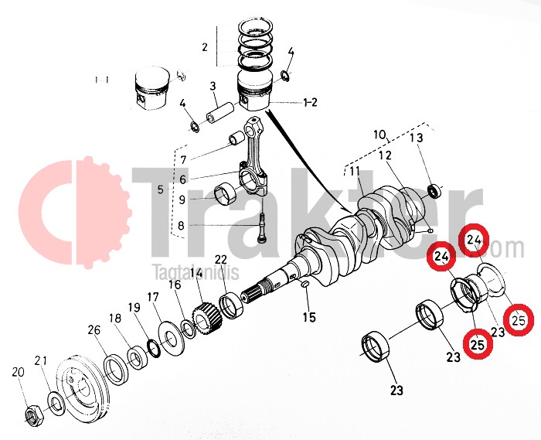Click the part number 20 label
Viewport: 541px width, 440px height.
click(x=18, y=373)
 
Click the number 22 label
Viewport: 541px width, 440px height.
click(x=220, y=259)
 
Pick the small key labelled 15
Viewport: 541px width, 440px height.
click(x=304, y=286)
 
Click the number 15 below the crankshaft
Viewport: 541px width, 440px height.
click(x=309, y=317)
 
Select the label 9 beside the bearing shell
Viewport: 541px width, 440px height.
click(x=182, y=200)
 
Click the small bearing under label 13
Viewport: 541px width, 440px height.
click(x=435, y=189)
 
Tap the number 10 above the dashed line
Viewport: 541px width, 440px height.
click(x=378, y=135)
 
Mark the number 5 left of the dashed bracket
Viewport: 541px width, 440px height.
click(x=161, y=189)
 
